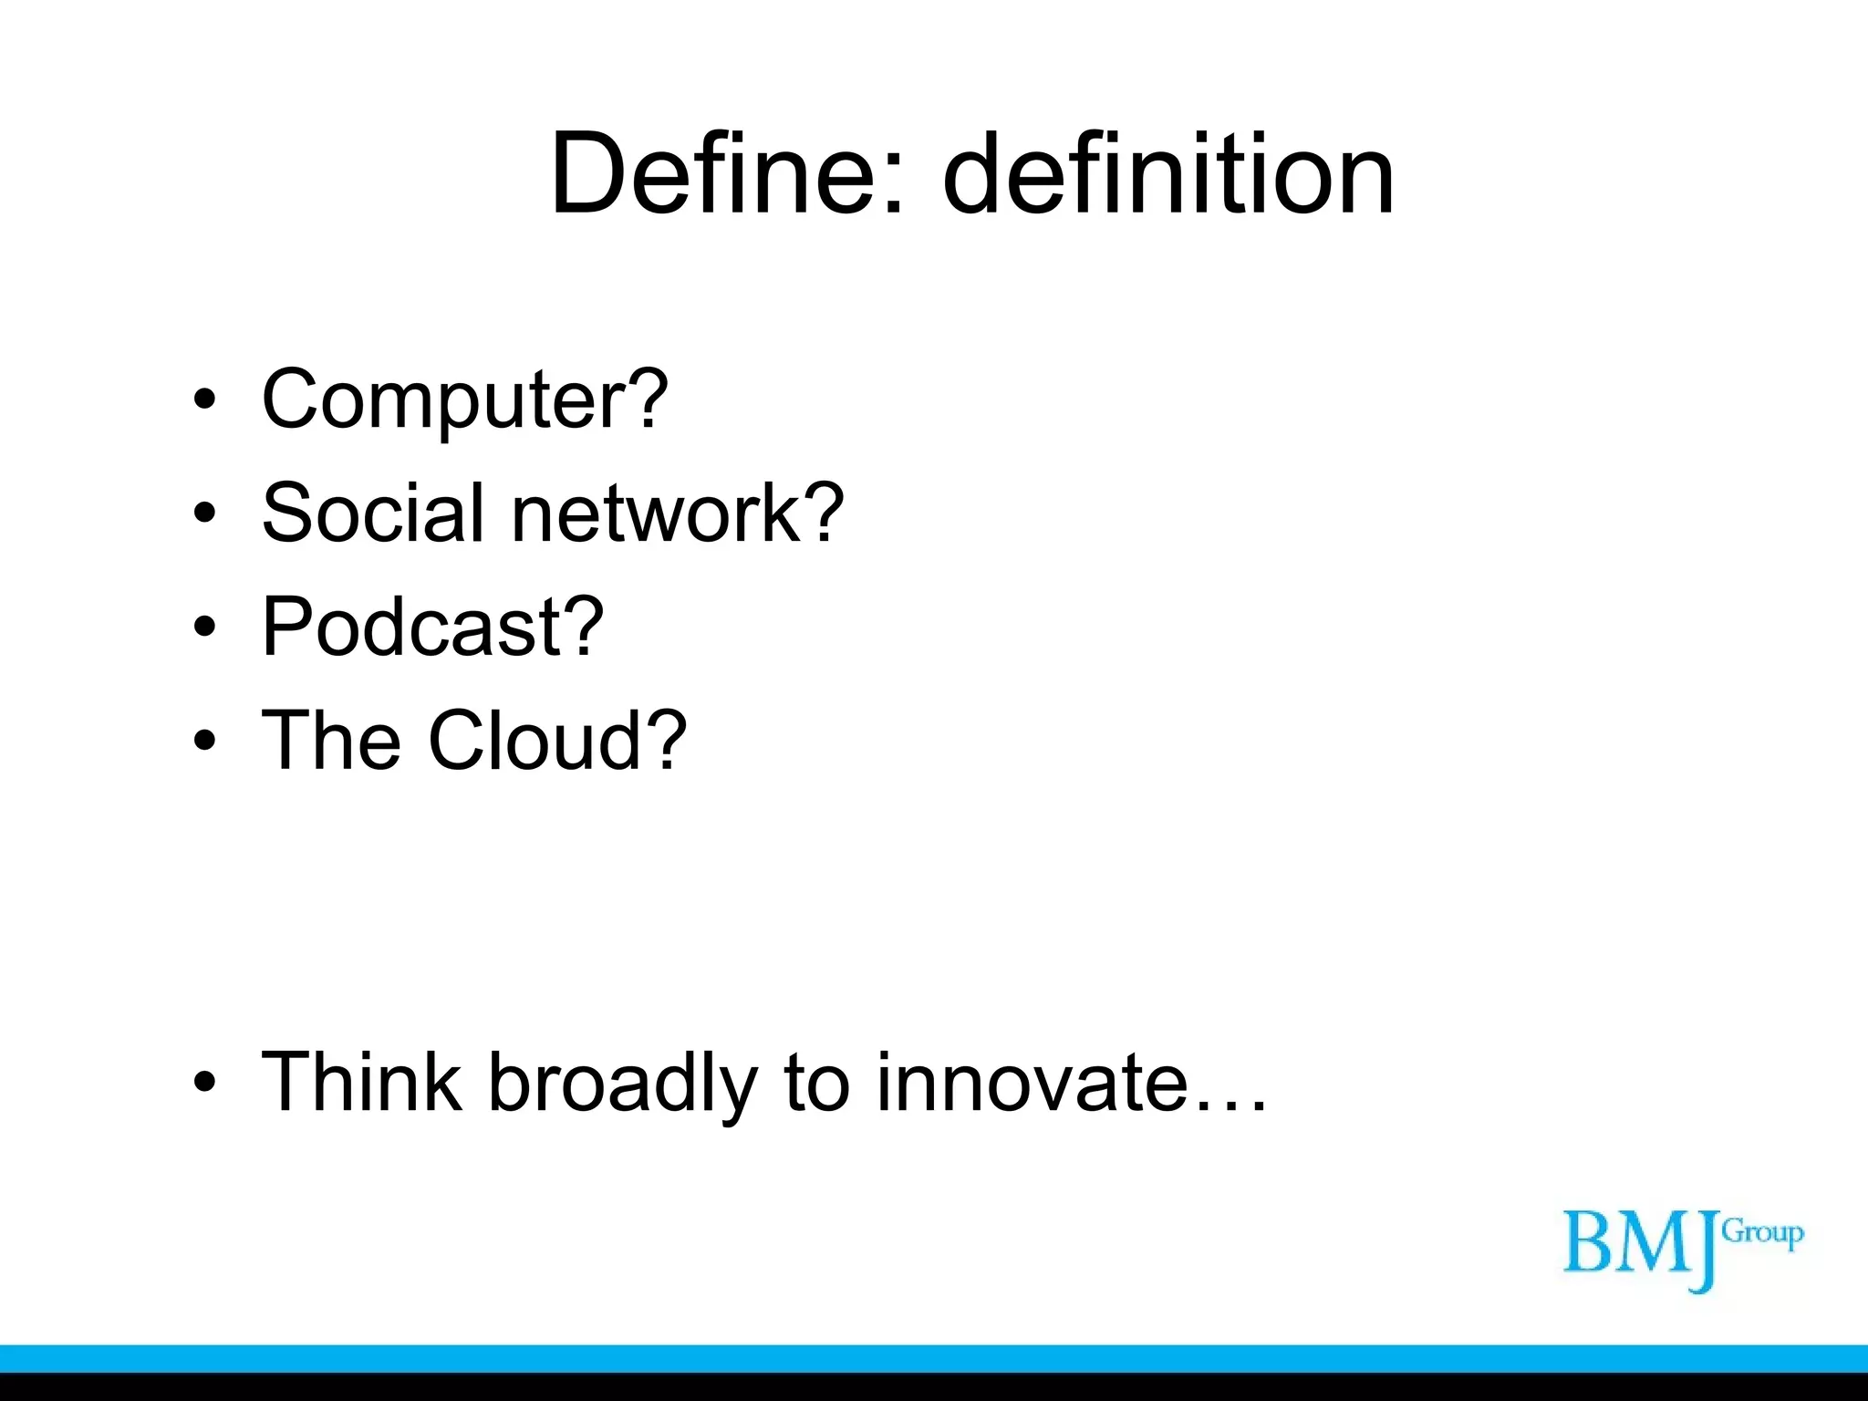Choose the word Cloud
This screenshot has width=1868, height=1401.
tap(535, 740)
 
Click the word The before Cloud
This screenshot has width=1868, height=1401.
tap(331, 740)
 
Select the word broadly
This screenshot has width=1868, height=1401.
tap(623, 1084)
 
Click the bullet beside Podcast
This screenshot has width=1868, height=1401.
tap(205, 627)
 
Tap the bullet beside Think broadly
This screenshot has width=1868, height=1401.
tap(205, 1083)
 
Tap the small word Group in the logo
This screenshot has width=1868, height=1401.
tap(1762, 1234)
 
